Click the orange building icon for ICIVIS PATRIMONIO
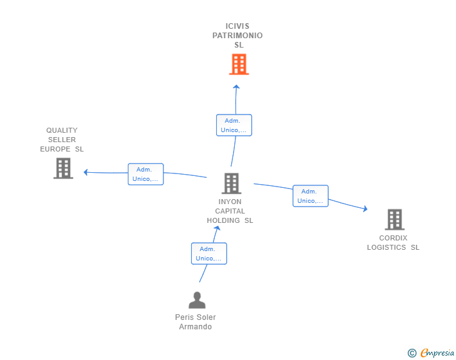(x=239, y=64)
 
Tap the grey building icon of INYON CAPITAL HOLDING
(x=232, y=183)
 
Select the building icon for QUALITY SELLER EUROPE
(x=63, y=168)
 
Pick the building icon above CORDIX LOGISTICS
(x=395, y=220)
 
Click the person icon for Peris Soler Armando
(x=197, y=300)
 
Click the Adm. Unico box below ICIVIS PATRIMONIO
(x=234, y=125)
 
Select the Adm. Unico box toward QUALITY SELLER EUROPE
(x=146, y=174)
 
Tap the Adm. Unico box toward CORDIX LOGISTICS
(x=310, y=196)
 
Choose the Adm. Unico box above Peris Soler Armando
(x=209, y=254)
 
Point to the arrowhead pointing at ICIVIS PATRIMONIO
(x=236, y=86)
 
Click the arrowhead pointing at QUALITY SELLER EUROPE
(x=85, y=172)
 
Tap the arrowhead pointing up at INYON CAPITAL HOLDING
(x=217, y=229)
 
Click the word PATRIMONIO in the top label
(x=237, y=36)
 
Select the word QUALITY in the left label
(x=62, y=130)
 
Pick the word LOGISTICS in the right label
(x=386, y=247)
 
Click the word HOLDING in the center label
(x=224, y=221)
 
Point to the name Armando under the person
(x=195, y=327)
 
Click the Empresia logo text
(x=437, y=353)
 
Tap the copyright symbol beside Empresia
(x=412, y=353)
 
